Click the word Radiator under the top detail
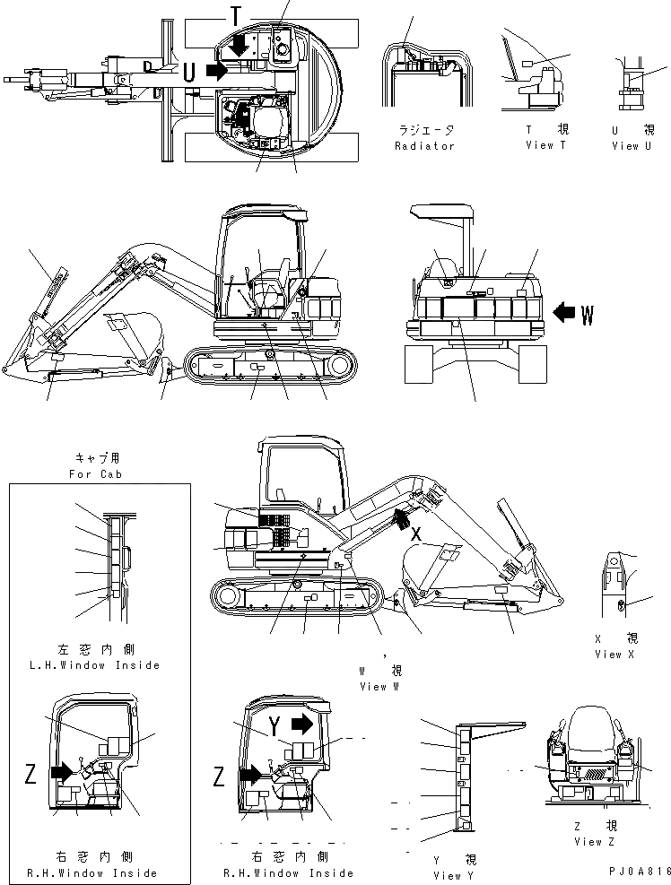tap(424, 146)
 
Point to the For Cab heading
tap(99, 473)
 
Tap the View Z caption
tap(593, 842)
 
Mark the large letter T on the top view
tap(235, 15)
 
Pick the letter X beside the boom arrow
tap(416, 533)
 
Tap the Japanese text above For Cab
tap(99, 456)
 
